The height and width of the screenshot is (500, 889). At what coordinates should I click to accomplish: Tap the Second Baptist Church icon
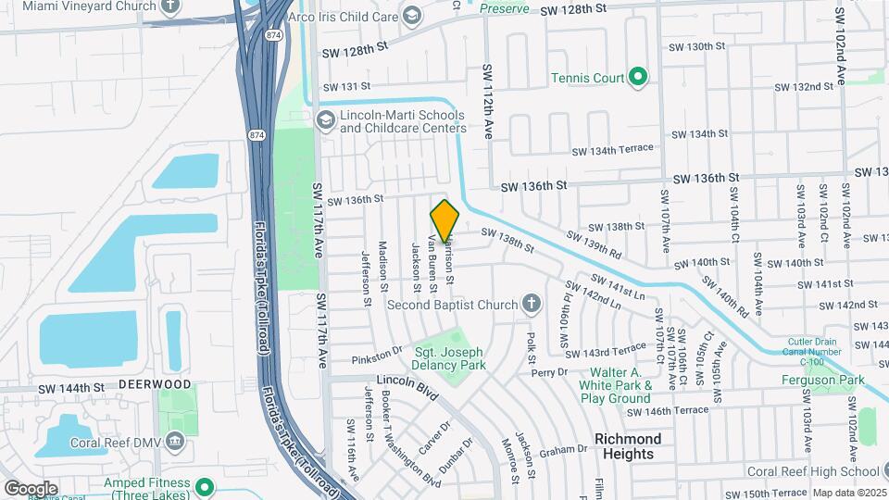(x=531, y=303)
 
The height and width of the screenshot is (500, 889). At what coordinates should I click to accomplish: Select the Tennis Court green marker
(x=637, y=78)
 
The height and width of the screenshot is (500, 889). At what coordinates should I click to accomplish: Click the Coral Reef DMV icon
(x=174, y=440)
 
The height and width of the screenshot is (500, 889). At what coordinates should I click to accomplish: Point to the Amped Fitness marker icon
(x=206, y=484)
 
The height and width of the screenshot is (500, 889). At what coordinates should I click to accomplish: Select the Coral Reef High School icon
(x=878, y=470)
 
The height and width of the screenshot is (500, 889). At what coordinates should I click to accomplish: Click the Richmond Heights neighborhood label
(x=628, y=445)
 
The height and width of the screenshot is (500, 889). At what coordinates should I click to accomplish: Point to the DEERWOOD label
(x=154, y=383)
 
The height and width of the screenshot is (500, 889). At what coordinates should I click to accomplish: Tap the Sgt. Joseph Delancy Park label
(x=449, y=358)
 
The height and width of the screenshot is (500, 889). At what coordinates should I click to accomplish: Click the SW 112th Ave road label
(x=487, y=102)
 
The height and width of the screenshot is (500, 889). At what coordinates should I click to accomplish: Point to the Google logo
(x=31, y=488)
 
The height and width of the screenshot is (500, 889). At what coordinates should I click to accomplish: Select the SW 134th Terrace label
(x=612, y=151)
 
